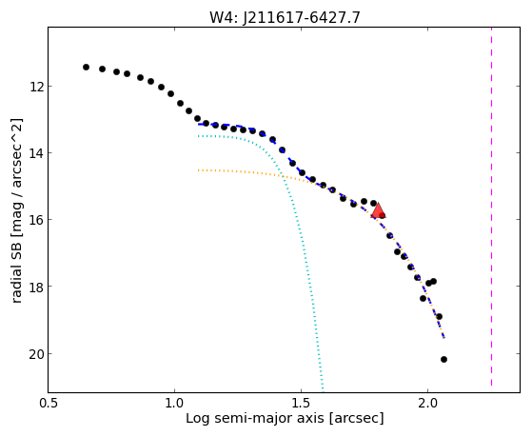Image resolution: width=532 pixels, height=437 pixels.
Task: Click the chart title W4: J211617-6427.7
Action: tap(285, 17)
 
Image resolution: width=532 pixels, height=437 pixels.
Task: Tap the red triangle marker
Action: tap(378, 210)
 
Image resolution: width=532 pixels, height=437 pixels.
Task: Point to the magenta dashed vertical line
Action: tap(491, 207)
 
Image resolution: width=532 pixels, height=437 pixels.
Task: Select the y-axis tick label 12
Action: tap(36, 87)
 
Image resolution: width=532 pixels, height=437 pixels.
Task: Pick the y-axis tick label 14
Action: tap(36, 153)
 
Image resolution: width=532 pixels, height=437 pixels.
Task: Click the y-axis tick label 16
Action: tap(36, 220)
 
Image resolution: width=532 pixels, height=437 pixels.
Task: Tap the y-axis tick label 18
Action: tap(36, 287)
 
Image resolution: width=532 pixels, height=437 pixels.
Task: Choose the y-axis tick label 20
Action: tap(36, 354)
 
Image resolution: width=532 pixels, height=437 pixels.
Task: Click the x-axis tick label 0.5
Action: tap(48, 403)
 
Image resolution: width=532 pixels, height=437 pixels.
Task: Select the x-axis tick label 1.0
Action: tap(174, 403)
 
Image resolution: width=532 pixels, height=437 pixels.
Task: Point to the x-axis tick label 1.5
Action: tap(301, 403)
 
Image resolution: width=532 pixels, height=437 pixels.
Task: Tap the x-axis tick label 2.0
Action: tap(428, 403)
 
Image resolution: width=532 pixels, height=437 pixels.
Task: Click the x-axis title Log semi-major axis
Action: tap(254, 418)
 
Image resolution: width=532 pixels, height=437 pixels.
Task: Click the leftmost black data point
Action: tap(86, 67)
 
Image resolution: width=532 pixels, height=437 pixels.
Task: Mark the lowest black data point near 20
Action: tap(443, 359)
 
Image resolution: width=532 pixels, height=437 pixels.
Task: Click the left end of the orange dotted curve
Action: tap(199, 170)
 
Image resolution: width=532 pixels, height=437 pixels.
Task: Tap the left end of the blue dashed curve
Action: tap(199, 125)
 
